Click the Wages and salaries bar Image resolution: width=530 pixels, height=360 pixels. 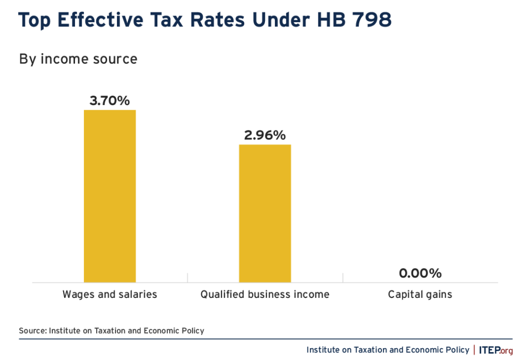pos(110,196)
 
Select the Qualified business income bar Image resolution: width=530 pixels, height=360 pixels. pos(264,213)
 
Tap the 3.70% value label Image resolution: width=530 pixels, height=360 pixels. pos(109,100)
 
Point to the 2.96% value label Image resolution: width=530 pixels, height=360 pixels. pos(264,135)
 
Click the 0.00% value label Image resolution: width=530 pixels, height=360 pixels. pos(420,273)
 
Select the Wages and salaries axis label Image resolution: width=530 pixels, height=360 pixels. pos(110,295)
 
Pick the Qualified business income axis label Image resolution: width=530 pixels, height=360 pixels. pos(264,295)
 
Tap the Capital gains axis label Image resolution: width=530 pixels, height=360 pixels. pos(420,295)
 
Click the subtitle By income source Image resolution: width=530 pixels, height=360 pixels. pos(78,59)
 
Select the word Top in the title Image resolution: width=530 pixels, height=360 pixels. pos(36,21)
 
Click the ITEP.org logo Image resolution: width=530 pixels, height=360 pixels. pos(496,350)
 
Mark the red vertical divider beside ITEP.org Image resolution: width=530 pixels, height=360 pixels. pos(474,350)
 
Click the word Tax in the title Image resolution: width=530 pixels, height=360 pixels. pos(167,21)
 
